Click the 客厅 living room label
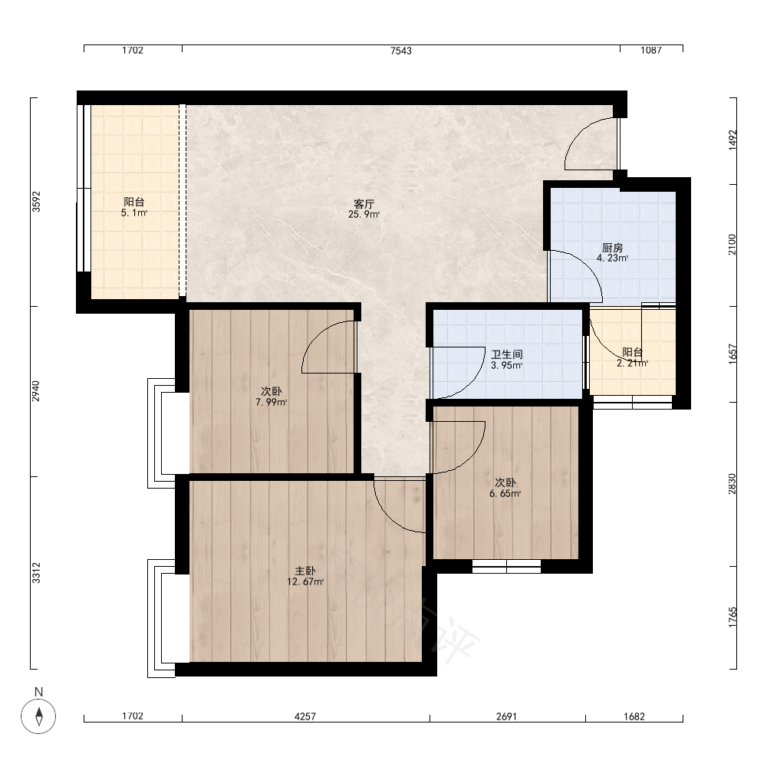(x=364, y=203)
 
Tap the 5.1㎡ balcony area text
(x=134, y=212)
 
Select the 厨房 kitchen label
(x=612, y=248)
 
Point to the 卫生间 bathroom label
(x=507, y=354)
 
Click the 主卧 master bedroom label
(x=305, y=571)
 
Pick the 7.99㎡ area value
(x=271, y=402)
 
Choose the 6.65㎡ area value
(x=505, y=493)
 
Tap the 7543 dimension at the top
(x=401, y=51)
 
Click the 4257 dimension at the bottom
(x=305, y=716)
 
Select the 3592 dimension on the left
(x=36, y=201)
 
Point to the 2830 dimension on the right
(x=732, y=484)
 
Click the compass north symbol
(x=38, y=716)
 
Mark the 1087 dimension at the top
(x=651, y=50)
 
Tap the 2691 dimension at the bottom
(x=506, y=716)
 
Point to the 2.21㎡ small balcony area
(x=633, y=364)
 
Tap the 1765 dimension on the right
(x=732, y=617)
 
